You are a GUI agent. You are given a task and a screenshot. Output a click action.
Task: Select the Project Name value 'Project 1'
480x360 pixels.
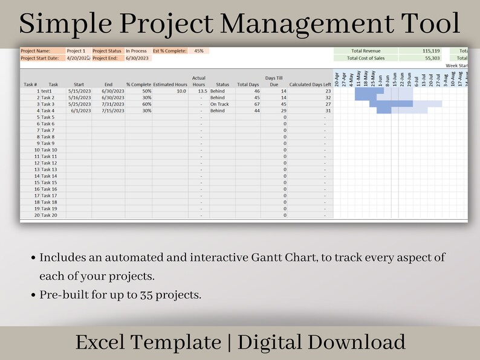tap(76, 51)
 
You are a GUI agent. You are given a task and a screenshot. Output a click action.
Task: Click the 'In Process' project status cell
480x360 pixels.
tap(136, 51)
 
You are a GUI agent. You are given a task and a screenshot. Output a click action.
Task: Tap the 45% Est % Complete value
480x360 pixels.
tap(198, 51)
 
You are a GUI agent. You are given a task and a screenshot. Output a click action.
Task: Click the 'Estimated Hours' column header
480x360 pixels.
tap(170, 85)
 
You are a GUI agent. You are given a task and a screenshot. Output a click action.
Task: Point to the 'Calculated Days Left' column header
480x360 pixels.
tap(310, 85)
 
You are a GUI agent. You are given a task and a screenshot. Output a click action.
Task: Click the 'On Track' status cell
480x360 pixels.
tap(219, 104)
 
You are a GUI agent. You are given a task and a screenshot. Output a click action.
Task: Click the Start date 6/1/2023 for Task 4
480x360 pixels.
tap(80, 111)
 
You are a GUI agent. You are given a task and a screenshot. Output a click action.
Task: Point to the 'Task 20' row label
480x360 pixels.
tap(49, 215)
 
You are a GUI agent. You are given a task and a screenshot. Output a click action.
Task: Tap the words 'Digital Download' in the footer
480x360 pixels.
tap(321, 342)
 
